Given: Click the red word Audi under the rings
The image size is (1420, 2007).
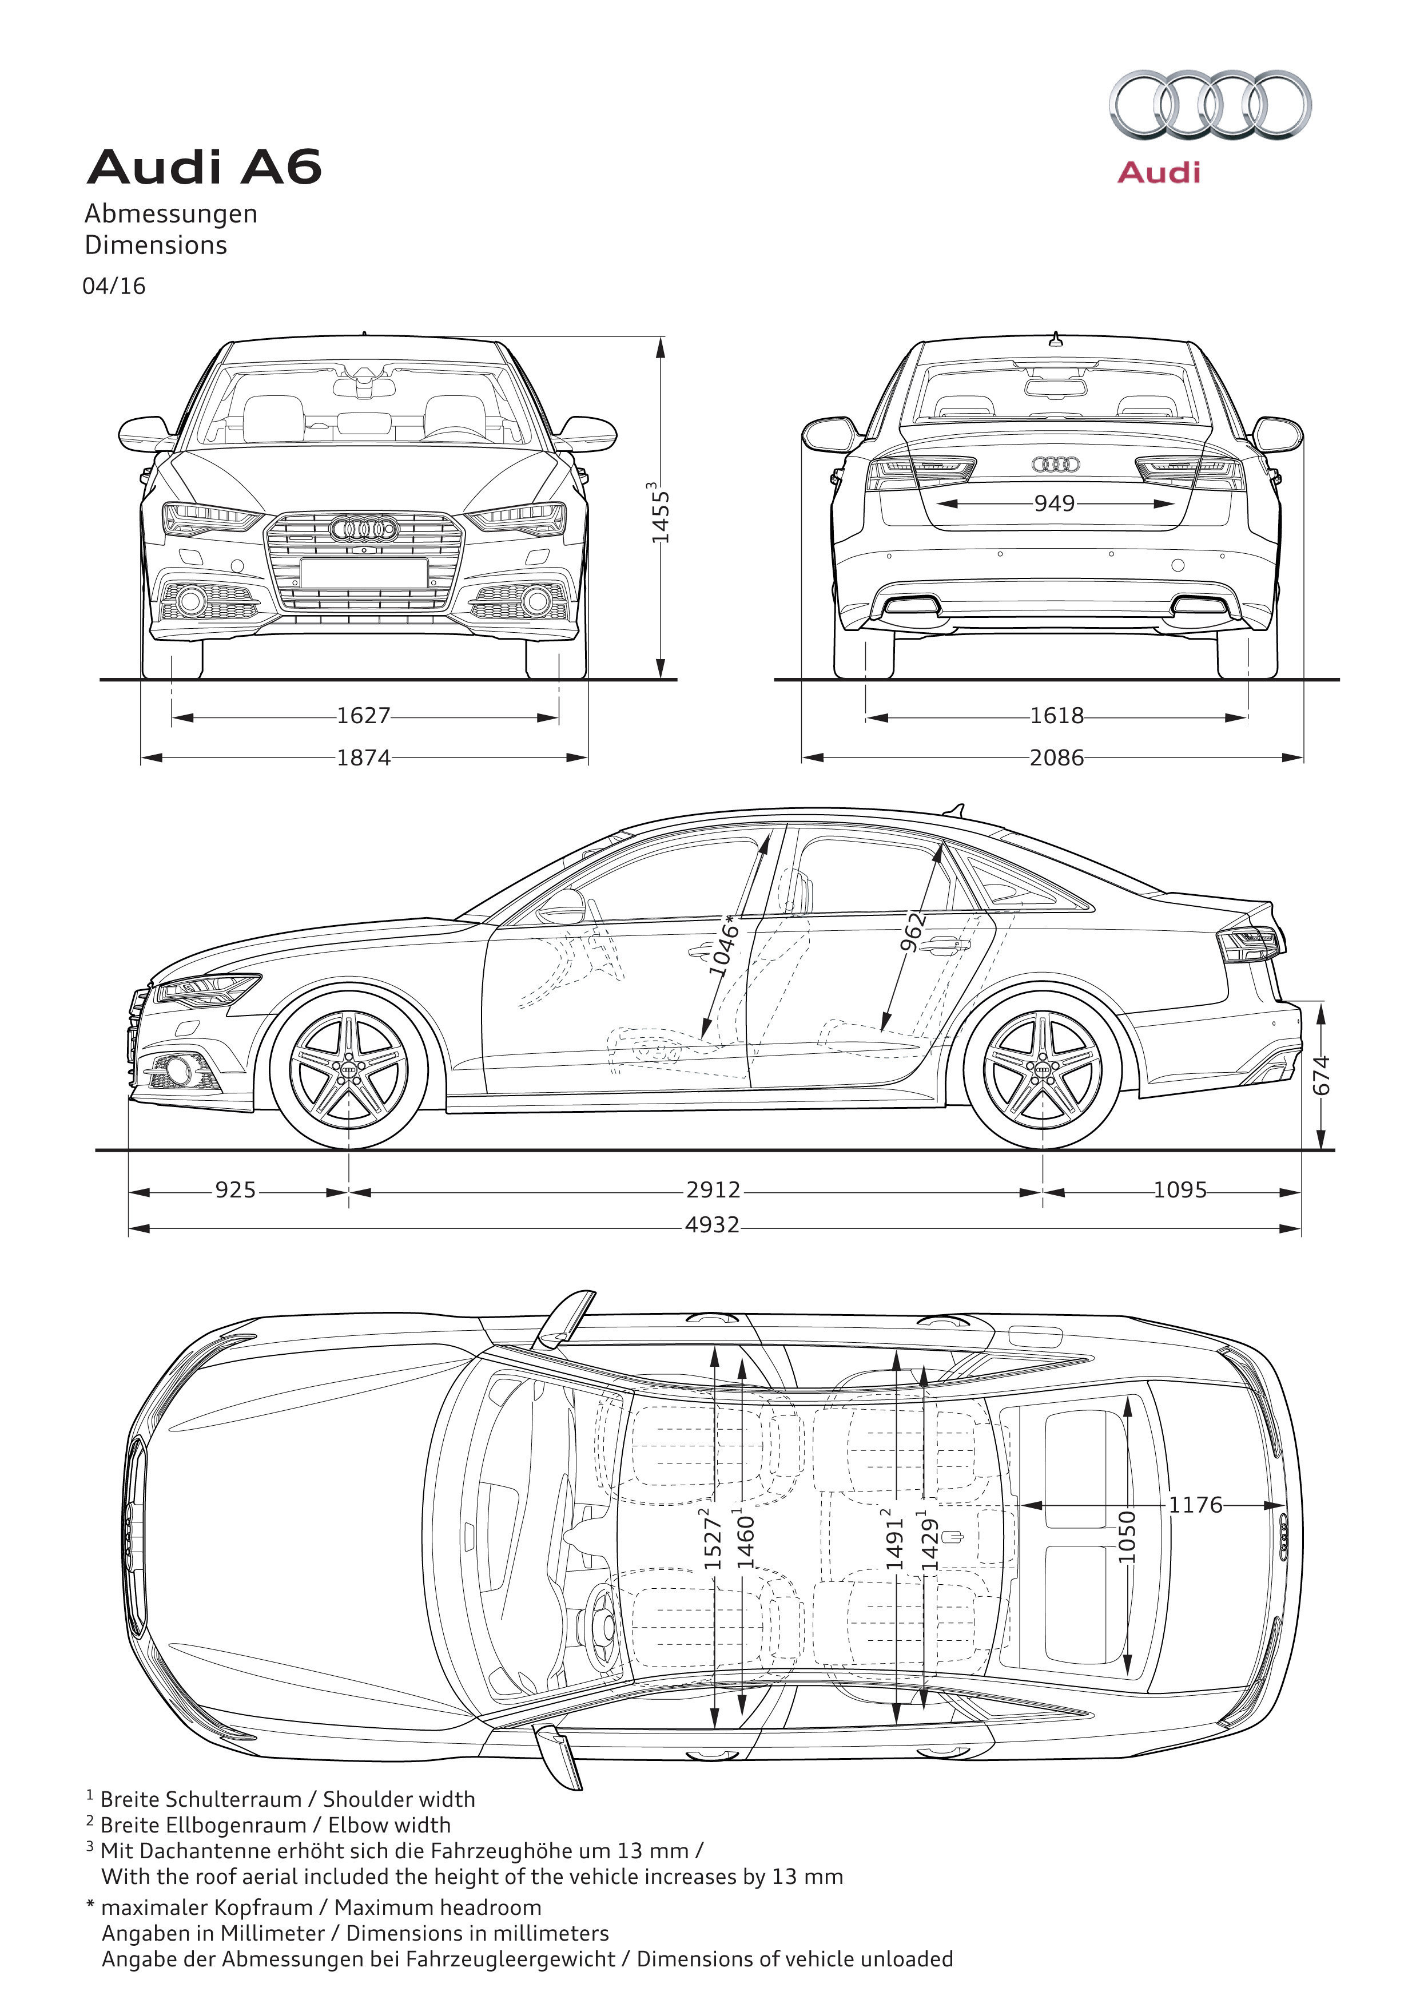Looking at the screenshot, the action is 1159,172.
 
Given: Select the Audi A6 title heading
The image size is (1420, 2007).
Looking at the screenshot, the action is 204,167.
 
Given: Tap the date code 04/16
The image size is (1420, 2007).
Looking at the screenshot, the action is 114,286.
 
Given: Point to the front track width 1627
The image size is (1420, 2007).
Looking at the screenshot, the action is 364,715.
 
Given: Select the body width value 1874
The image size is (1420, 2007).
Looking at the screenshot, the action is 364,757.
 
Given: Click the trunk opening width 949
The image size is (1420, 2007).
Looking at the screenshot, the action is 1055,503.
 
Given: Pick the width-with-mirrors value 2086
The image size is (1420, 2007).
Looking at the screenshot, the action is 1056,757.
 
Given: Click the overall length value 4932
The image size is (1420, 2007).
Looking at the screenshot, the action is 713,1224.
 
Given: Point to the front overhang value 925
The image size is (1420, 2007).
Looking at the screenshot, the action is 236,1190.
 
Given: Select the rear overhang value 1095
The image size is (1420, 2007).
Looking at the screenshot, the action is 1180,1190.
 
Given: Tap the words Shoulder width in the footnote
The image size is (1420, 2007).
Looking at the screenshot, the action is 400,1799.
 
